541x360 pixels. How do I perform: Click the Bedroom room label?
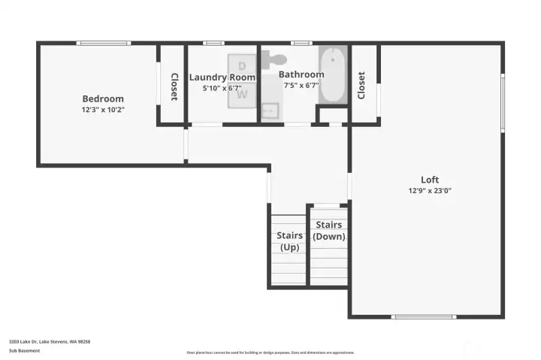pos(103,98)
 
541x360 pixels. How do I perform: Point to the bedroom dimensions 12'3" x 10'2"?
pos(103,110)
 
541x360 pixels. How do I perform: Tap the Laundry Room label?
pos(222,77)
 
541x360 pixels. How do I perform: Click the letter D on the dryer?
pos(242,65)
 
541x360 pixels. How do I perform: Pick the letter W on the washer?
pos(242,95)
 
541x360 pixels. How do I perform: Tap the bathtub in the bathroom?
pos(332,75)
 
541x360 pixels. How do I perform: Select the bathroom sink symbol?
pos(270,111)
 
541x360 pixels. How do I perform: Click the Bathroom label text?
pos(301,74)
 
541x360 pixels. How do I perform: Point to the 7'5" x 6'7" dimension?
pos(301,86)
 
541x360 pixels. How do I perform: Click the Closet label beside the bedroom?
pos(174,86)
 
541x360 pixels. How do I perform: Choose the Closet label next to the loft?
pos(361,85)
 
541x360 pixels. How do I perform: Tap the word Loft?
pos(430,180)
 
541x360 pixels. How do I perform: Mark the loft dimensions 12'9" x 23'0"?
pos(430,191)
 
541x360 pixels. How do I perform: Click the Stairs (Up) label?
pos(290,241)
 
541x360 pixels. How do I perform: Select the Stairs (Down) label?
pos(329,231)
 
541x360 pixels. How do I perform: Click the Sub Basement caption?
pos(24,351)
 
